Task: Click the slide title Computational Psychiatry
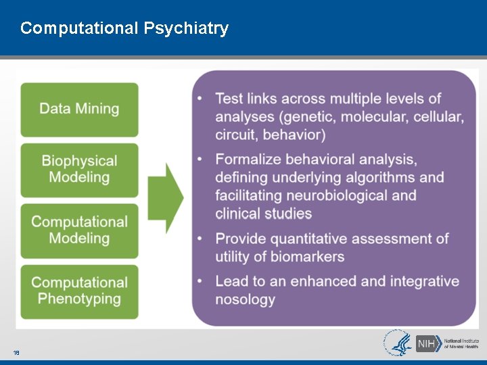click(124, 28)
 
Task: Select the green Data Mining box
click(79, 109)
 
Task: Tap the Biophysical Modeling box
click(79, 169)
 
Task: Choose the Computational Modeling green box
click(79, 230)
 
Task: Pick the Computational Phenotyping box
click(79, 291)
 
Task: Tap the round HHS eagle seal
click(397, 343)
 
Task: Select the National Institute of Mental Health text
click(461, 343)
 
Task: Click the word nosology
click(245, 299)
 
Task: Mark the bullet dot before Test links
click(200, 99)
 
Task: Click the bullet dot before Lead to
click(200, 281)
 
